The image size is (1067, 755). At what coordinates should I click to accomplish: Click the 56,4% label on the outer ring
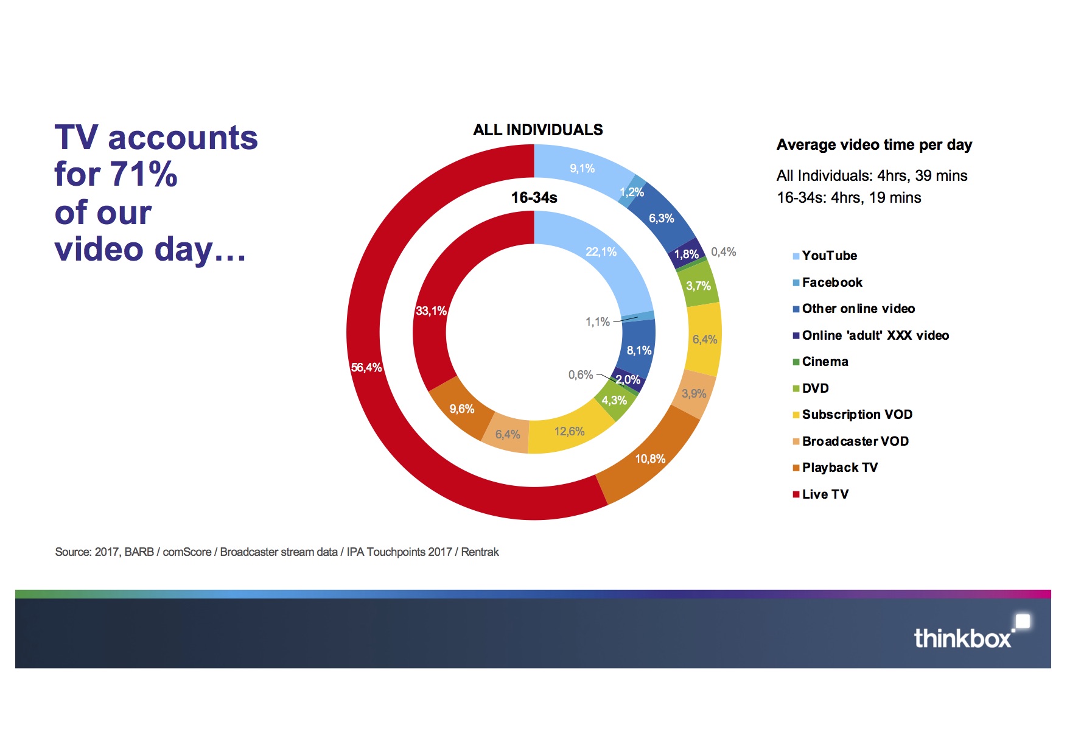click(x=366, y=368)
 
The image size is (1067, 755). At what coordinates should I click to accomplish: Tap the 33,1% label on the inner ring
click(x=431, y=311)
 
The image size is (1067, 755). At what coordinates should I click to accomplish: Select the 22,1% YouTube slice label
click(x=601, y=252)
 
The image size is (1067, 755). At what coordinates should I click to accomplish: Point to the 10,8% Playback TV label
click(x=650, y=459)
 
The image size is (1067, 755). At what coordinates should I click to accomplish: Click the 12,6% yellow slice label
click(x=569, y=432)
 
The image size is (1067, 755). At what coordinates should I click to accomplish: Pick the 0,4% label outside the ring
click(x=723, y=252)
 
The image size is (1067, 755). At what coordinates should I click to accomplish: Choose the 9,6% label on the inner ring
click(x=462, y=409)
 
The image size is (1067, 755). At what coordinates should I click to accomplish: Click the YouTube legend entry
click(x=829, y=256)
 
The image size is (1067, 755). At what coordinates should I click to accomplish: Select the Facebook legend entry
click(x=831, y=283)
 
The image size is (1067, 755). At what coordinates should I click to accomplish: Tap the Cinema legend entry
click(x=825, y=362)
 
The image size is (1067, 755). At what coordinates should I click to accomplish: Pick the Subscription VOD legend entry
click(x=856, y=415)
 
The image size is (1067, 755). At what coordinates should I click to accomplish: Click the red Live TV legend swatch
click(x=796, y=494)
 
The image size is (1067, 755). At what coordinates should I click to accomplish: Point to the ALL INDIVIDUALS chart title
click(x=538, y=130)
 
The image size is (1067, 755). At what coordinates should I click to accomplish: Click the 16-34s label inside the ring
click(x=534, y=198)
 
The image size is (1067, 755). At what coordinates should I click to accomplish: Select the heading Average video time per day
click(x=874, y=145)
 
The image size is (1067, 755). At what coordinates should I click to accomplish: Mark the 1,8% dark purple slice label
click(x=686, y=255)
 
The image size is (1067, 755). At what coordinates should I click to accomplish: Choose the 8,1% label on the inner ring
click(x=639, y=351)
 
